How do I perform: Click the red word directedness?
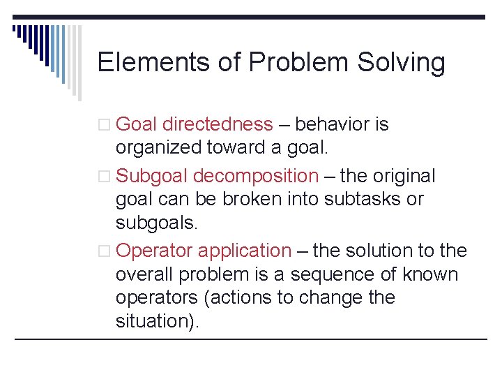pos(217,125)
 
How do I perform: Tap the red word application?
pos(245,251)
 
